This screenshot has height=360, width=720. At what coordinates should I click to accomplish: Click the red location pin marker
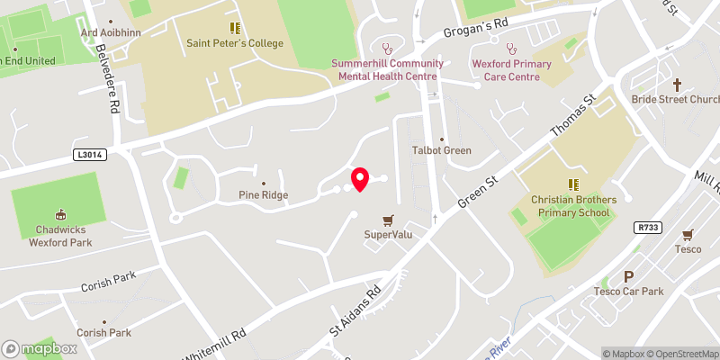tap(360, 180)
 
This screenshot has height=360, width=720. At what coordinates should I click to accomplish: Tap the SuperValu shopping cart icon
tap(389, 220)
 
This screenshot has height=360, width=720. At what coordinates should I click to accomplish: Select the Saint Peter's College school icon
tap(235, 28)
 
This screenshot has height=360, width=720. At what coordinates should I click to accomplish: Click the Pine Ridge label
tap(262, 194)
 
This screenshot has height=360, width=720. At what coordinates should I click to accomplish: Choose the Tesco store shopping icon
tap(688, 233)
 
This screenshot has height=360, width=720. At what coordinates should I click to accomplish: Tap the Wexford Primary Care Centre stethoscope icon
tap(511, 49)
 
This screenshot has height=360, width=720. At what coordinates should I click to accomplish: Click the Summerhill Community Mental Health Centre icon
tap(388, 49)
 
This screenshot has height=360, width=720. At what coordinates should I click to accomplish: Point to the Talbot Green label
tap(441, 150)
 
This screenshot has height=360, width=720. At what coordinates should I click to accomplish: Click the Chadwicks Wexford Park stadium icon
tap(61, 214)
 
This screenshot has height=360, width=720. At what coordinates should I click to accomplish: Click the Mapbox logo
tap(39, 348)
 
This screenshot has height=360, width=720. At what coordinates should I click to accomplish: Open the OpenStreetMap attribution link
tap(684, 354)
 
